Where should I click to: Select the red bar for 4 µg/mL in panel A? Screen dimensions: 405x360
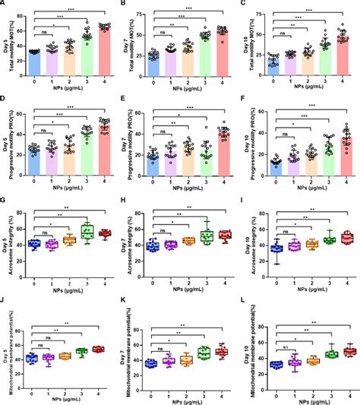pyautogui.click(x=104, y=53)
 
